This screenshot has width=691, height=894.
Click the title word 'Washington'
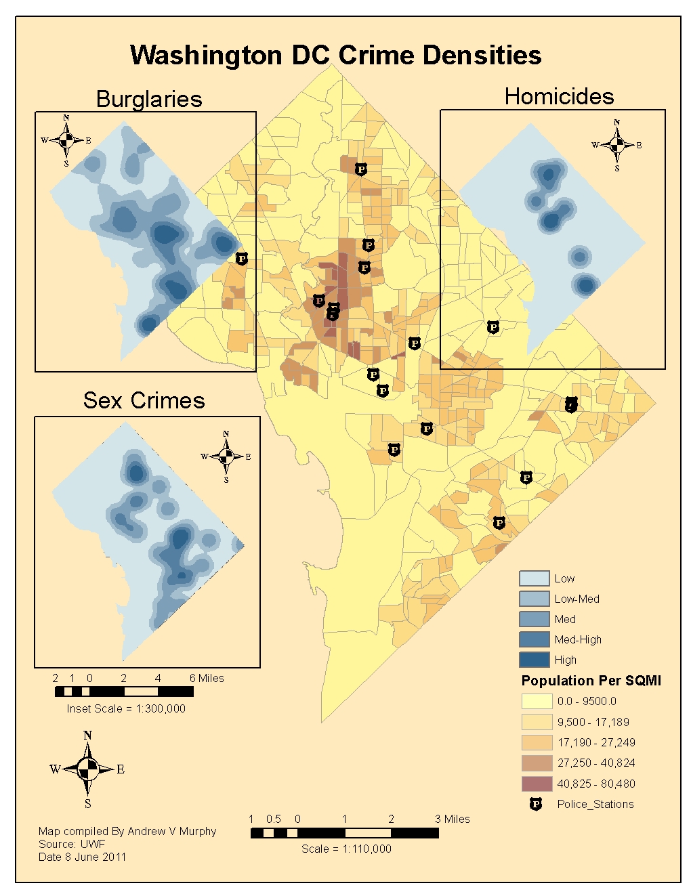(x=206, y=56)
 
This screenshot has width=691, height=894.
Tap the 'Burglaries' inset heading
(x=149, y=99)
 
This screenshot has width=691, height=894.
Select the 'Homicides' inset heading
(x=559, y=96)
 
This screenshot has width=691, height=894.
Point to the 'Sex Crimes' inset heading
(x=144, y=400)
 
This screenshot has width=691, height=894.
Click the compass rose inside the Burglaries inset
(x=66, y=140)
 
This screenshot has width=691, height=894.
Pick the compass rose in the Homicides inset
(x=616, y=145)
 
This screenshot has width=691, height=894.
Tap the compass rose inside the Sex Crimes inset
(x=226, y=456)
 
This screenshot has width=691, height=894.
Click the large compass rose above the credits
(x=87, y=769)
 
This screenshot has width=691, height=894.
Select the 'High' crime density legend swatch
(x=534, y=660)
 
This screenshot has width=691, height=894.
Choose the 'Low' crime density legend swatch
(x=534, y=578)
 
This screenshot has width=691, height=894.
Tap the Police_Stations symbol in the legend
(x=536, y=805)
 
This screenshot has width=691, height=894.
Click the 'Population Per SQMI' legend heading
(x=591, y=681)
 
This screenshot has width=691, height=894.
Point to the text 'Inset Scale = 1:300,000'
(x=126, y=708)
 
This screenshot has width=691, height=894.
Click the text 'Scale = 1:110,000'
(x=346, y=849)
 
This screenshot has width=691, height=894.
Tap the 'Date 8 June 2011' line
(x=82, y=857)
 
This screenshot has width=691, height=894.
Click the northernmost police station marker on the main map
(x=361, y=169)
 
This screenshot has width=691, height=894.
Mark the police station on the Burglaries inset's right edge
(x=242, y=259)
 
